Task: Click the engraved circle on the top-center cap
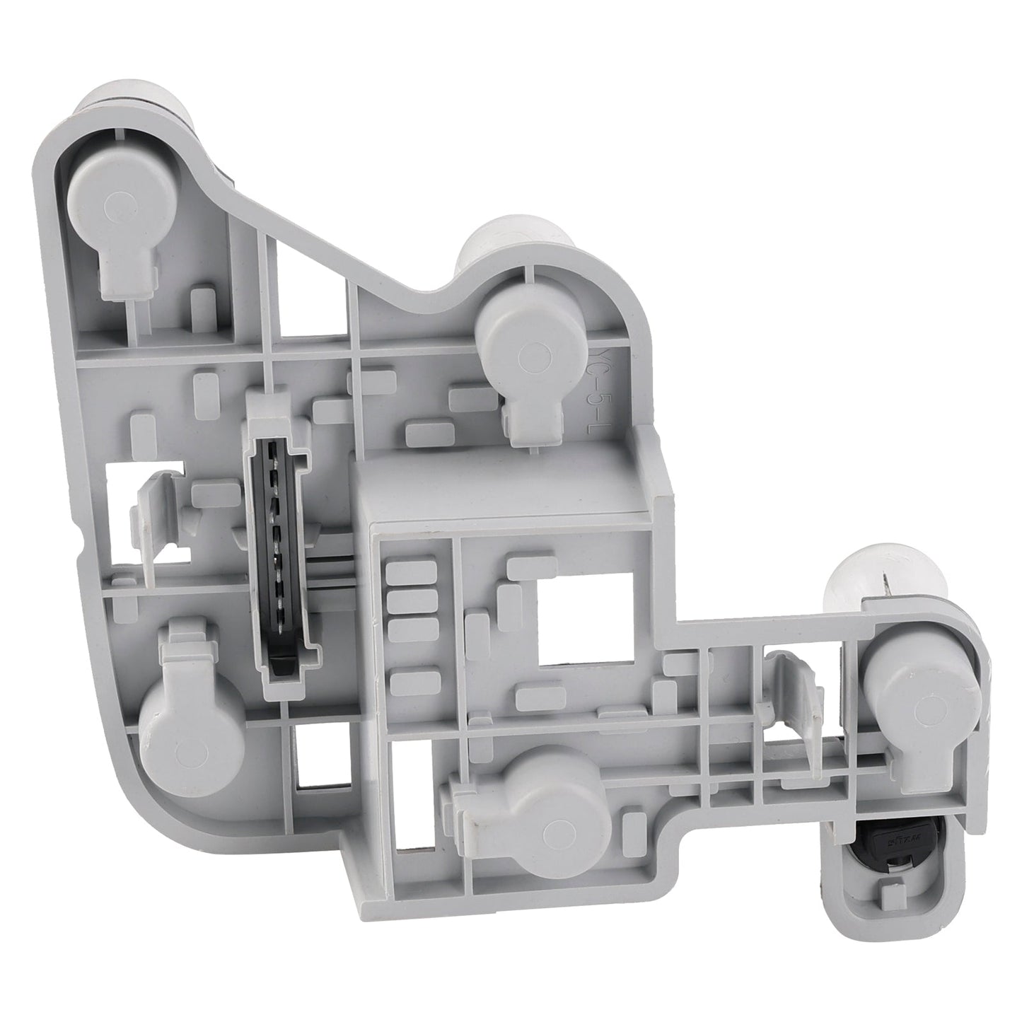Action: point(538,358)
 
